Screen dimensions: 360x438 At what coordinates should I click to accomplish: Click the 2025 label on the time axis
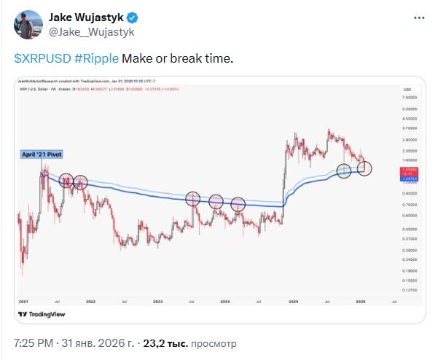(292, 300)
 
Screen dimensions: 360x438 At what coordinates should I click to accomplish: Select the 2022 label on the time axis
(90, 300)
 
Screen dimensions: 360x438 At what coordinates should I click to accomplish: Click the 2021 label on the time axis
(24, 300)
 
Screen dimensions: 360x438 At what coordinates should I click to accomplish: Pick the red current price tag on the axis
(408, 169)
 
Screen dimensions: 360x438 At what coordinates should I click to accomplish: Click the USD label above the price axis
(407, 89)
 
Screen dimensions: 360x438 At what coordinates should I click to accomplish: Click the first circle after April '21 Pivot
(64, 181)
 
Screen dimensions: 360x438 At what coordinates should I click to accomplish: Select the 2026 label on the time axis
(359, 300)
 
